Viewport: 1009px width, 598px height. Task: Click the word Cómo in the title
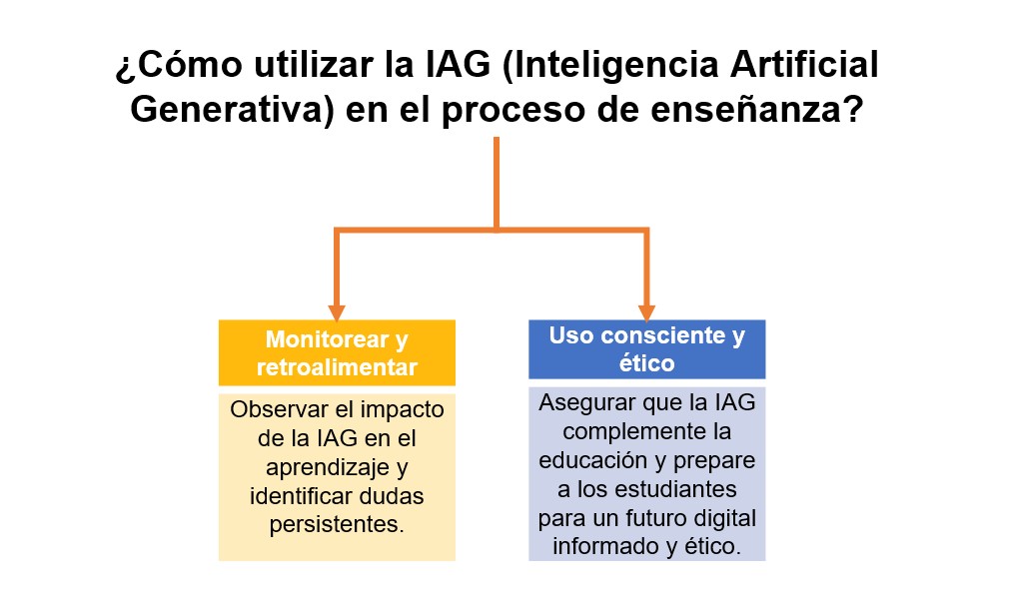click(x=190, y=64)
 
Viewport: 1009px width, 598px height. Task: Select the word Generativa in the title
click(x=232, y=109)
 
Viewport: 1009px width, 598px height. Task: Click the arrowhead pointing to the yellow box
click(x=336, y=312)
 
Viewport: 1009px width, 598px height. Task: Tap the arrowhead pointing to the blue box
click(x=646, y=312)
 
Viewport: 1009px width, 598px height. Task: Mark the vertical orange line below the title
click(x=497, y=184)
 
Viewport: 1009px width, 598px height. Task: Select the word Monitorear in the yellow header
click(x=327, y=338)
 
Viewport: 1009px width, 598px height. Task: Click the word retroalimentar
click(x=338, y=367)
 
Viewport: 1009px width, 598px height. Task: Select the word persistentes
click(x=337, y=525)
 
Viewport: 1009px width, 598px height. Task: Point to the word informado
click(x=606, y=546)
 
